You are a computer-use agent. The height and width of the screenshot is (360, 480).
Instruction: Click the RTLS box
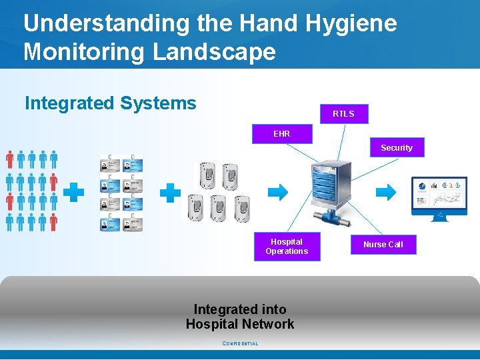coord(343,114)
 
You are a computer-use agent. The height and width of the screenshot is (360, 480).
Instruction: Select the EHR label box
coord(281,134)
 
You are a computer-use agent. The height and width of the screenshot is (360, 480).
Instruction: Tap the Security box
coord(396,148)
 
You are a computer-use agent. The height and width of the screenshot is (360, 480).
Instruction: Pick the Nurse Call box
coord(383,245)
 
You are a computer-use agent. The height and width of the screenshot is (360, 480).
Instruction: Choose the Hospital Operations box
coord(287,247)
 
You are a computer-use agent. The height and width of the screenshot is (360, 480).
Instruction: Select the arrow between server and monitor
coord(385,193)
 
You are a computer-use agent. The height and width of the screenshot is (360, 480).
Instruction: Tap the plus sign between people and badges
coord(73,193)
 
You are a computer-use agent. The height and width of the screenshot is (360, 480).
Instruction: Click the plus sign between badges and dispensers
coord(171,193)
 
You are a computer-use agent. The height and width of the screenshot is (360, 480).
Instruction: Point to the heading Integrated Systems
coord(111,103)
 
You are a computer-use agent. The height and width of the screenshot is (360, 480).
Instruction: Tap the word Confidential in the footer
coord(240,344)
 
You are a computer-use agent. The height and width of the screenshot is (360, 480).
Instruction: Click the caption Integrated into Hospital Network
coord(240,317)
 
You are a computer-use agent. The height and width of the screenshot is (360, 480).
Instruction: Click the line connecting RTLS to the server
coord(340,142)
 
